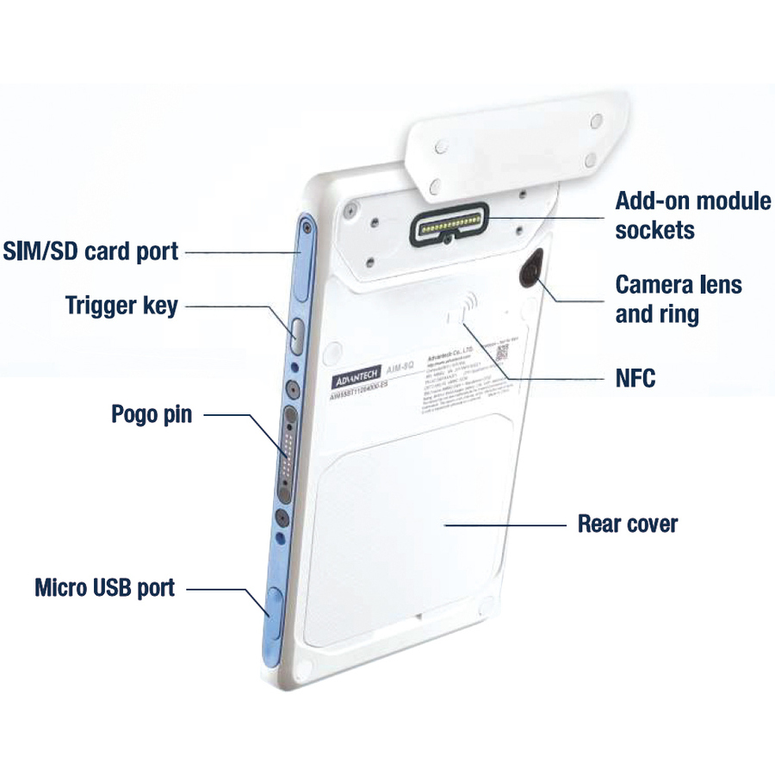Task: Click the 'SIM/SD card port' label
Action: (90, 251)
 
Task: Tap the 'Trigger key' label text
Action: (121, 305)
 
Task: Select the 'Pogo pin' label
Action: (152, 414)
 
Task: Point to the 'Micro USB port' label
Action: (104, 588)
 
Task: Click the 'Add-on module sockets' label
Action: (692, 215)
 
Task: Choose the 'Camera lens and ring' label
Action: (678, 298)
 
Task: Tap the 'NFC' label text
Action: (635, 377)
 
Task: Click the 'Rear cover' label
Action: (627, 523)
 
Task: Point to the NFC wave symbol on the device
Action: (468, 306)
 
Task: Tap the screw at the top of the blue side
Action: (306, 228)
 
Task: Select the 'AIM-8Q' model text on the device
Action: (400, 367)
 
